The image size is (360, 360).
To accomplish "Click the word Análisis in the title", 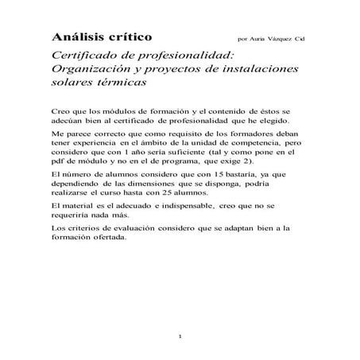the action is point(79,37).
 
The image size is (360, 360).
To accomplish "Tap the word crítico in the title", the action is point(133,37).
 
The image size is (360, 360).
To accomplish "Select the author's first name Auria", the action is point(256,38).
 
